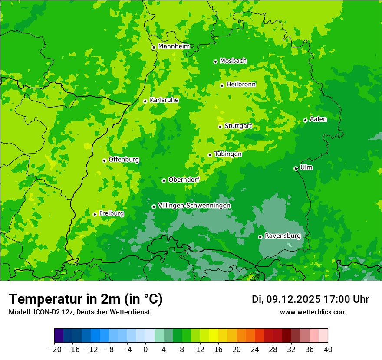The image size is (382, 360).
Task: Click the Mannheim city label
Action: point(174,46)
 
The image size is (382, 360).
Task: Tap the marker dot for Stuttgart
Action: point(220,127)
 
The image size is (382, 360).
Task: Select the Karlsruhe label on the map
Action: point(164,100)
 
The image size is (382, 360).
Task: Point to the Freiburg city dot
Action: point(95,214)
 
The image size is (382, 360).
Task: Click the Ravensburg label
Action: point(283,236)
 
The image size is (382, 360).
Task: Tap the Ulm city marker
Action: point(296,168)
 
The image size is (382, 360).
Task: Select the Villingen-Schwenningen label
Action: point(194,206)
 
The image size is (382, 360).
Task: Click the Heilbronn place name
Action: point(241,85)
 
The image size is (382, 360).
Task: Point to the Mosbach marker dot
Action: point(215,62)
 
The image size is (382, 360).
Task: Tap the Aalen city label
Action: point(318,119)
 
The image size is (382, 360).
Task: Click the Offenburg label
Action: point(124,160)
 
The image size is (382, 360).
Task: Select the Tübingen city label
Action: point(228,154)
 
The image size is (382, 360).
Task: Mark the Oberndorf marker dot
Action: point(164,180)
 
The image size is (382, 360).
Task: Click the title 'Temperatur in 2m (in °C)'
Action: point(86,299)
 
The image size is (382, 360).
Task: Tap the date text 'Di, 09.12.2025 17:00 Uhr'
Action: point(310,299)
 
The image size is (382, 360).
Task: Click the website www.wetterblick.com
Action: point(313,312)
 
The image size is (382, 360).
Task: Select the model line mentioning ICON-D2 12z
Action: point(79,312)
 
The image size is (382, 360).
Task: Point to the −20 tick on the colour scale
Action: point(54,350)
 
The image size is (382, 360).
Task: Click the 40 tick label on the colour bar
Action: point(328,350)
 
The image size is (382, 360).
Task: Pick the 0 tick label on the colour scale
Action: point(145,350)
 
